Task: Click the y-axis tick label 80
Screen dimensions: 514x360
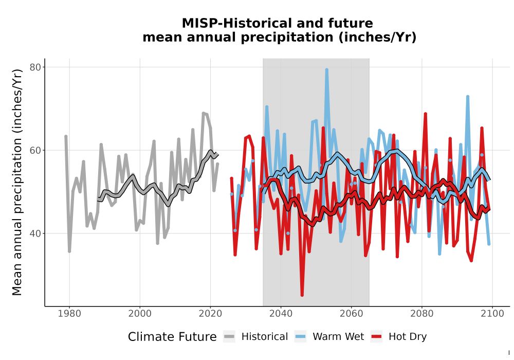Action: pos(35,67)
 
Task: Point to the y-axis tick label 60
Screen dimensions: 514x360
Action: pos(35,151)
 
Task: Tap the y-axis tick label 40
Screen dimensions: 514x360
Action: pos(35,233)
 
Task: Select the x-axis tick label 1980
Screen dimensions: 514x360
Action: pos(69,314)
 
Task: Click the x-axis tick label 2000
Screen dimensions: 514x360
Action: pos(140,314)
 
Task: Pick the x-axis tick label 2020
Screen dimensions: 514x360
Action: pos(210,314)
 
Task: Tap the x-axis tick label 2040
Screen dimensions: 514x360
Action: pos(281,314)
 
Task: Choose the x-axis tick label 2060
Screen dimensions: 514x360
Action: pos(352,314)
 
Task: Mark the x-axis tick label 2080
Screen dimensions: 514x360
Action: pos(422,314)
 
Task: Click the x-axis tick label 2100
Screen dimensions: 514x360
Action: pos(492,314)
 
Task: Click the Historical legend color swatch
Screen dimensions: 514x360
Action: pos(229,337)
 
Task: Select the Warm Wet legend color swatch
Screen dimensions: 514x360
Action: pos(300,337)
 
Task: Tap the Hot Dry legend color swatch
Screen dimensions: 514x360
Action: pos(376,337)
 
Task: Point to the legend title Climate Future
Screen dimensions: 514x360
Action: pos(172,337)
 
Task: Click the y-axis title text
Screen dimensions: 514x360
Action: pos(17,182)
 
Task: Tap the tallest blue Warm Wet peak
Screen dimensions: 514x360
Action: pos(326,69)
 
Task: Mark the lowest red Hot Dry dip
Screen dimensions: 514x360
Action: pos(302,295)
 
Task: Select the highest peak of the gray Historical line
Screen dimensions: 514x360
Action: pos(203,113)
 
